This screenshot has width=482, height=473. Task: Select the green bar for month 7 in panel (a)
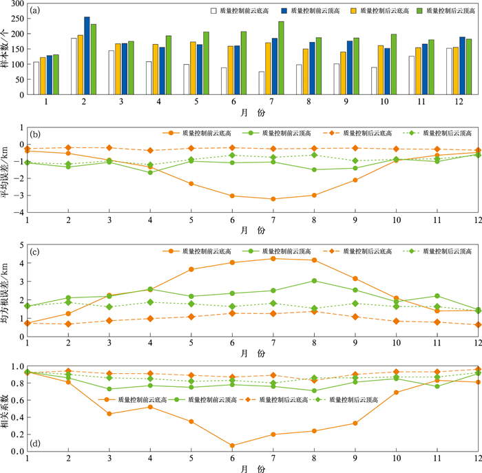281,61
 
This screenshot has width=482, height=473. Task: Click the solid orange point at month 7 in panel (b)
274,199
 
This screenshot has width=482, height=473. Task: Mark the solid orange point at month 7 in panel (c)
274,258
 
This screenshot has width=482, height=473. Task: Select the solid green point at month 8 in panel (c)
315,280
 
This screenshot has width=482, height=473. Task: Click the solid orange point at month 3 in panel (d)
110,414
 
